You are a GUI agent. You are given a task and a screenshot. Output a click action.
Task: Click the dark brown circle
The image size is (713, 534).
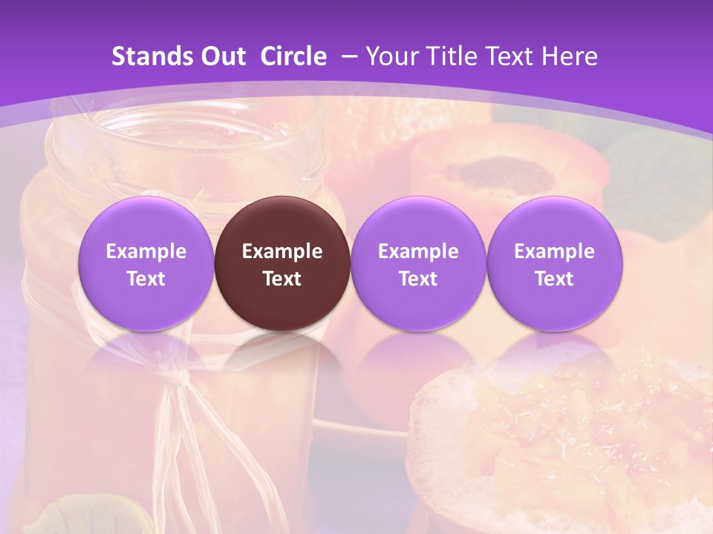click(282, 263)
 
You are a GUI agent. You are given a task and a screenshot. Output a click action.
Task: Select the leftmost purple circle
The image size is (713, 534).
click(146, 263)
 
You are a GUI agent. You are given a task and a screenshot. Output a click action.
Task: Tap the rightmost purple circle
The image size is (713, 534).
click(554, 263)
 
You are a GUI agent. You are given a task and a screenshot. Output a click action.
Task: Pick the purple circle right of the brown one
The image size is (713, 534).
click(418, 263)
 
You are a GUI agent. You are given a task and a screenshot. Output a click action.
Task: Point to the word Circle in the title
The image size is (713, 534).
click(293, 56)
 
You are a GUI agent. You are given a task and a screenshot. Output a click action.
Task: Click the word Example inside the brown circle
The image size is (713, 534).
click(282, 251)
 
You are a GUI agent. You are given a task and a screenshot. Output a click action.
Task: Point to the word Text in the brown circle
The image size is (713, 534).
click(282, 279)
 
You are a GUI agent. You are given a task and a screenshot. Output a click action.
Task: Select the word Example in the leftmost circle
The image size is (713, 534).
click(146, 251)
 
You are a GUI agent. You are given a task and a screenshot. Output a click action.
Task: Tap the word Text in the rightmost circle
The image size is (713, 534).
click(554, 279)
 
